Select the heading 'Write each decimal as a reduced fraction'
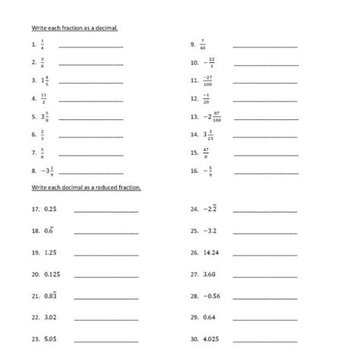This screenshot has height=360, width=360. pos(86,187)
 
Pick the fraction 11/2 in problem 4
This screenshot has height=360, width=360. pos(44,98)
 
